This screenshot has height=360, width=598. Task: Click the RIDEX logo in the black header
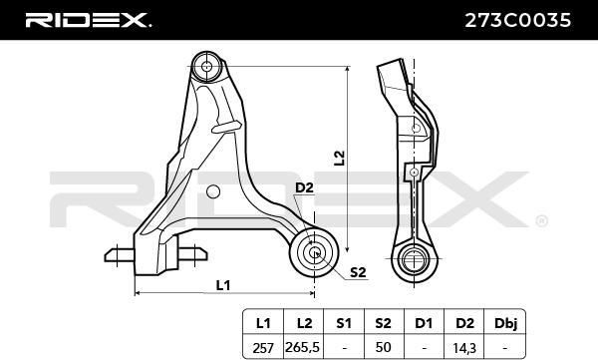tap(88, 20)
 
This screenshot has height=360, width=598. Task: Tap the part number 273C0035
tap(517, 20)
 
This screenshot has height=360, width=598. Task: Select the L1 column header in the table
tap(263, 323)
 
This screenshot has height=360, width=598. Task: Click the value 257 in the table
tap(263, 348)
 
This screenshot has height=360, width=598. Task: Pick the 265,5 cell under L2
tap(304, 347)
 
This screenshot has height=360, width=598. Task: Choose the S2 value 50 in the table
tap(383, 347)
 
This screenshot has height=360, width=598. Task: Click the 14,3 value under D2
tap(464, 348)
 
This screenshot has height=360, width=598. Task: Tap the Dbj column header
tap(505, 323)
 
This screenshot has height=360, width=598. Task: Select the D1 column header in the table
tap(424, 323)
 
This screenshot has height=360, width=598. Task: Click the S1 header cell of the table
tap(343, 323)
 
